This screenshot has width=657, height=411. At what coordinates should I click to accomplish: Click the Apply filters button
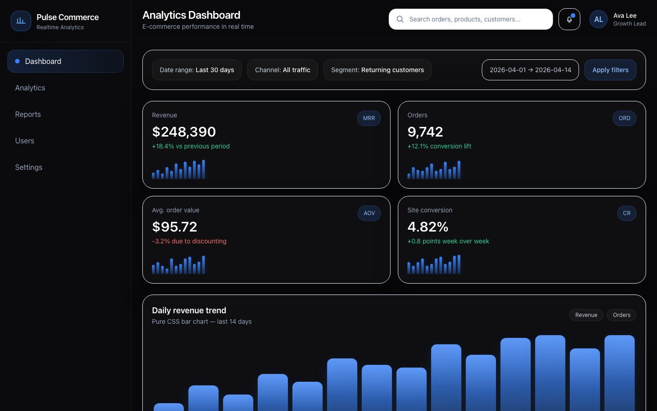[x=610, y=70]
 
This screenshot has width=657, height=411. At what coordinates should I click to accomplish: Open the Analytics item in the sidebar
[x=30, y=88]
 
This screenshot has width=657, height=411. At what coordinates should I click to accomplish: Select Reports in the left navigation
[x=28, y=114]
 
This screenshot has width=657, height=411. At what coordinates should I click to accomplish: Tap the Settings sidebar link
[x=29, y=167]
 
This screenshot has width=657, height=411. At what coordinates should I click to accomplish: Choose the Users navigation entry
[x=25, y=141]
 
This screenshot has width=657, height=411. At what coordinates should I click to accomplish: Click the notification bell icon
[x=569, y=19]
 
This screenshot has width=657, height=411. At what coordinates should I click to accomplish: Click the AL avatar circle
[x=598, y=19]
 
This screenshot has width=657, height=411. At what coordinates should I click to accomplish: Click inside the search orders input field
[x=474, y=19]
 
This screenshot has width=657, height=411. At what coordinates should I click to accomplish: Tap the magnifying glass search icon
[x=400, y=19]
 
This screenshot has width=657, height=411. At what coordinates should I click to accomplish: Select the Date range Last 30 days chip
[x=197, y=70]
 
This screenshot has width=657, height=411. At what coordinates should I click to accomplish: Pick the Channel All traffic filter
[x=282, y=70]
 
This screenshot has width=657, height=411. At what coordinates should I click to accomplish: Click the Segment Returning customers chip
[x=377, y=70]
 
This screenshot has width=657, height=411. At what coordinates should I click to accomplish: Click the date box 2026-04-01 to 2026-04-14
[x=530, y=70]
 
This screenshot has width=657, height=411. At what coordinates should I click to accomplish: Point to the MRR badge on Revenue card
[x=369, y=118]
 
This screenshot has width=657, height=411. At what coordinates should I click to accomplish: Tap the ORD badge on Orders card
[x=624, y=118]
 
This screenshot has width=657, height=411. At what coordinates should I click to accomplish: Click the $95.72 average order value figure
[x=175, y=227]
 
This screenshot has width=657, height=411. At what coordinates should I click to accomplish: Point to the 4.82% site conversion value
[x=428, y=227]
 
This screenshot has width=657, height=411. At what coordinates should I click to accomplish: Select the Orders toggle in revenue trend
[x=621, y=315]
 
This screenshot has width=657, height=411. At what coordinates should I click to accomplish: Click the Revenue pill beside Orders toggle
[x=586, y=315]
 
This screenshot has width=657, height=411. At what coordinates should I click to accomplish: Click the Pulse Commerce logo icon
[x=21, y=21]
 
